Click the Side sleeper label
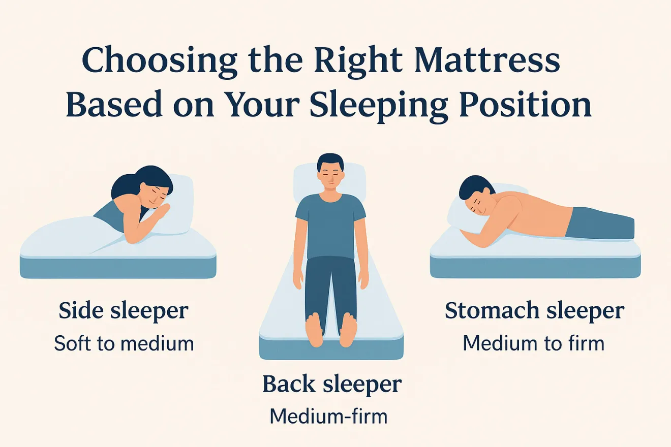pos(124,311)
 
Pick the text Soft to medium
pos(124,344)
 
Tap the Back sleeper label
pos(331,385)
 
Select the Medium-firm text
pos(328,417)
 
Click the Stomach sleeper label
pos(534,311)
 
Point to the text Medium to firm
pos(534,344)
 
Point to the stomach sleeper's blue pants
pos(600,223)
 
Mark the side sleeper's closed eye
pos(162,195)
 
